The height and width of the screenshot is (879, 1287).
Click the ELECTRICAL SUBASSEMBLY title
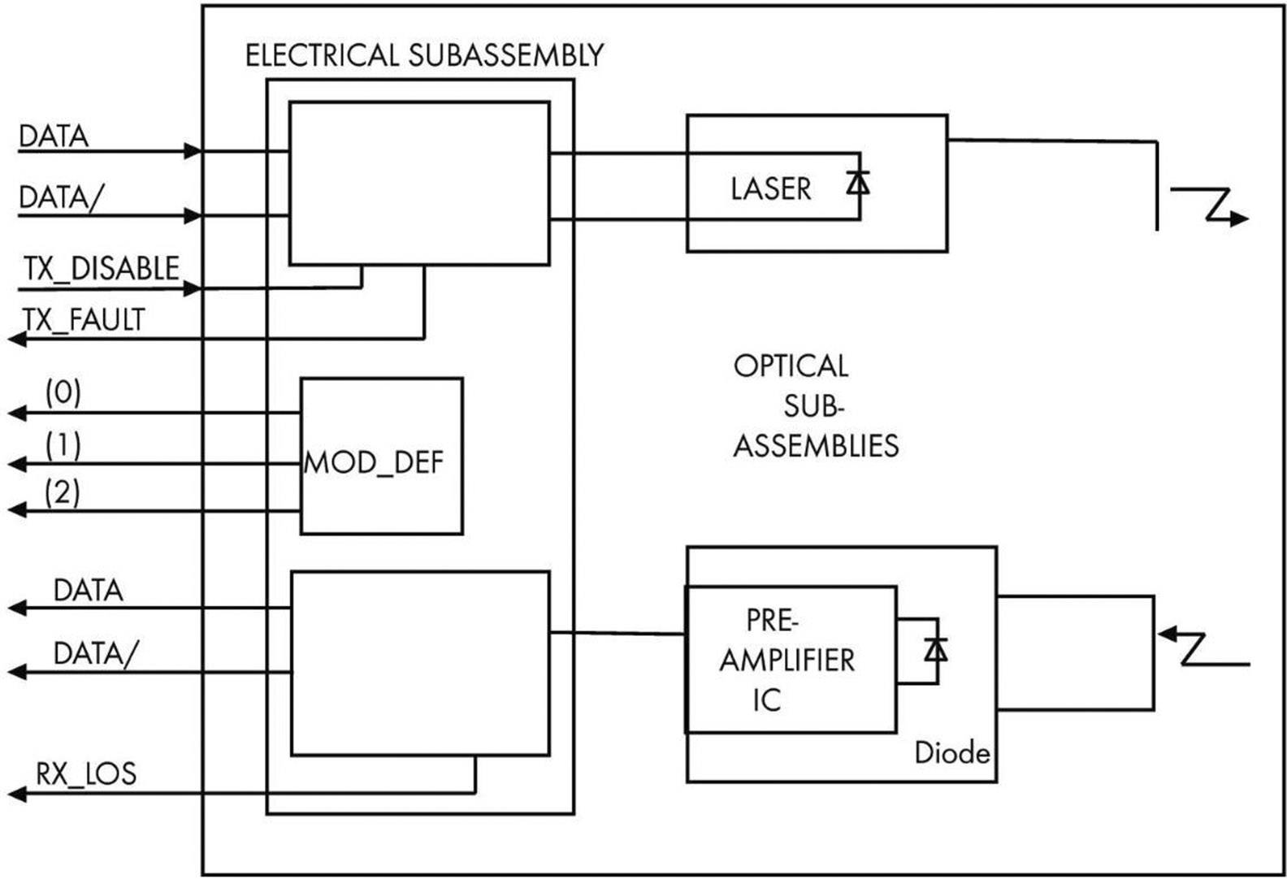pyautogui.click(x=424, y=55)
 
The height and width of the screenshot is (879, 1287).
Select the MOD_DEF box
pyautogui.click(x=381, y=456)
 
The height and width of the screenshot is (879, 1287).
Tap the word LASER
pyautogui.click(x=770, y=188)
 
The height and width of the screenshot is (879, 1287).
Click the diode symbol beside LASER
pyautogui.click(x=857, y=184)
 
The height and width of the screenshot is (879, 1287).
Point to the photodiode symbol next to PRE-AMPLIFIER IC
pyautogui.click(x=936, y=650)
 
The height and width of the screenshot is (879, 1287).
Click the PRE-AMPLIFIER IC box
pyautogui.click(x=791, y=660)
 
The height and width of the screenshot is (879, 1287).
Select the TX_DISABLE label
pyautogui.click(x=101, y=268)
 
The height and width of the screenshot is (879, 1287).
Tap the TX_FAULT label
pyautogui.click(x=84, y=319)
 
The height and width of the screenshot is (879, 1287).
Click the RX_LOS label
pyautogui.click(x=85, y=773)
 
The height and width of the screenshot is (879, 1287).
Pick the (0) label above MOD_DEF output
pyautogui.click(x=63, y=393)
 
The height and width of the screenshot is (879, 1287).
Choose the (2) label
pyautogui.click(x=63, y=492)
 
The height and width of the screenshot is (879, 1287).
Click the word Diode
pyautogui.click(x=951, y=753)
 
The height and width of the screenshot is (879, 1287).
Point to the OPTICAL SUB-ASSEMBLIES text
pyautogui.click(x=815, y=405)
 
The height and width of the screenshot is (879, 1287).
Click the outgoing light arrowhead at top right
pyautogui.click(x=1238, y=218)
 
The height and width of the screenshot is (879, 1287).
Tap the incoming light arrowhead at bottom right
pyautogui.click(x=1168, y=633)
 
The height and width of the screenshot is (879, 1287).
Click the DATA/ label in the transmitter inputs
pyautogui.click(x=61, y=197)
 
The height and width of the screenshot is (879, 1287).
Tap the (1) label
pyautogui.click(x=63, y=445)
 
